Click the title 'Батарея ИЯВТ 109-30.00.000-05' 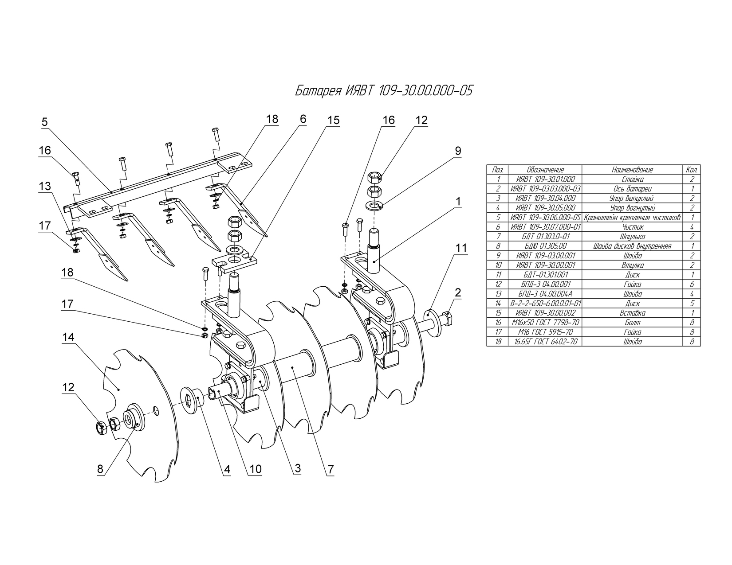(x=384, y=90)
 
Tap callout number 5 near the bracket (x=45, y=122)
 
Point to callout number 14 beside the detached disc (x=68, y=337)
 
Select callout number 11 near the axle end (x=461, y=248)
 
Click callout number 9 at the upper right (x=458, y=151)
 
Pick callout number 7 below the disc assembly (x=331, y=469)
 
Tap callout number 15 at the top (x=334, y=120)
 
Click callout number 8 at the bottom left (x=100, y=469)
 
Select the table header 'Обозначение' (x=545, y=170)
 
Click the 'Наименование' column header (x=632, y=170)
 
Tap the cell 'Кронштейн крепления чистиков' (x=632, y=218)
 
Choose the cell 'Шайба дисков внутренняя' (x=632, y=246)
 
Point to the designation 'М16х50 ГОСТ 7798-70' (x=545, y=322)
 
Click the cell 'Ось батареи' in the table (x=632, y=189)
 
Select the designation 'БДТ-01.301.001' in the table (x=545, y=275)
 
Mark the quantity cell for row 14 (x=692, y=303)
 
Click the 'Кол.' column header (x=692, y=170)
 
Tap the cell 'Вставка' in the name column (x=632, y=313)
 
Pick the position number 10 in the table (x=498, y=265)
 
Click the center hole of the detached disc (x=156, y=409)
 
